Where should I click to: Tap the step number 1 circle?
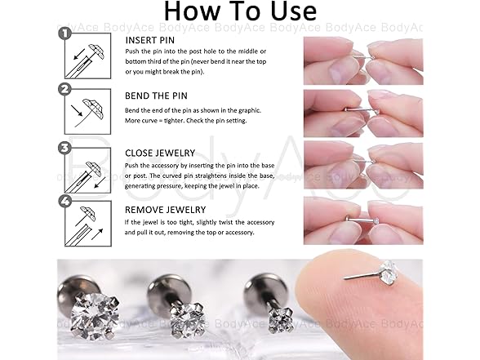click(62, 34)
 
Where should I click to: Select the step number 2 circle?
click(62, 90)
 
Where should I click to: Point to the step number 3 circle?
click(62, 147)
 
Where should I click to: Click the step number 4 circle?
click(62, 200)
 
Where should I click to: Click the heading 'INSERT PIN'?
click(151, 39)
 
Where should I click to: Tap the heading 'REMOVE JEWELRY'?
click(166, 209)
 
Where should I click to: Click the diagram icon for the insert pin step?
click(87, 58)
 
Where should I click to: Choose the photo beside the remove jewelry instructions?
click(362, 220)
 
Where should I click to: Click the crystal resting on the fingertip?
click(389, 269)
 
